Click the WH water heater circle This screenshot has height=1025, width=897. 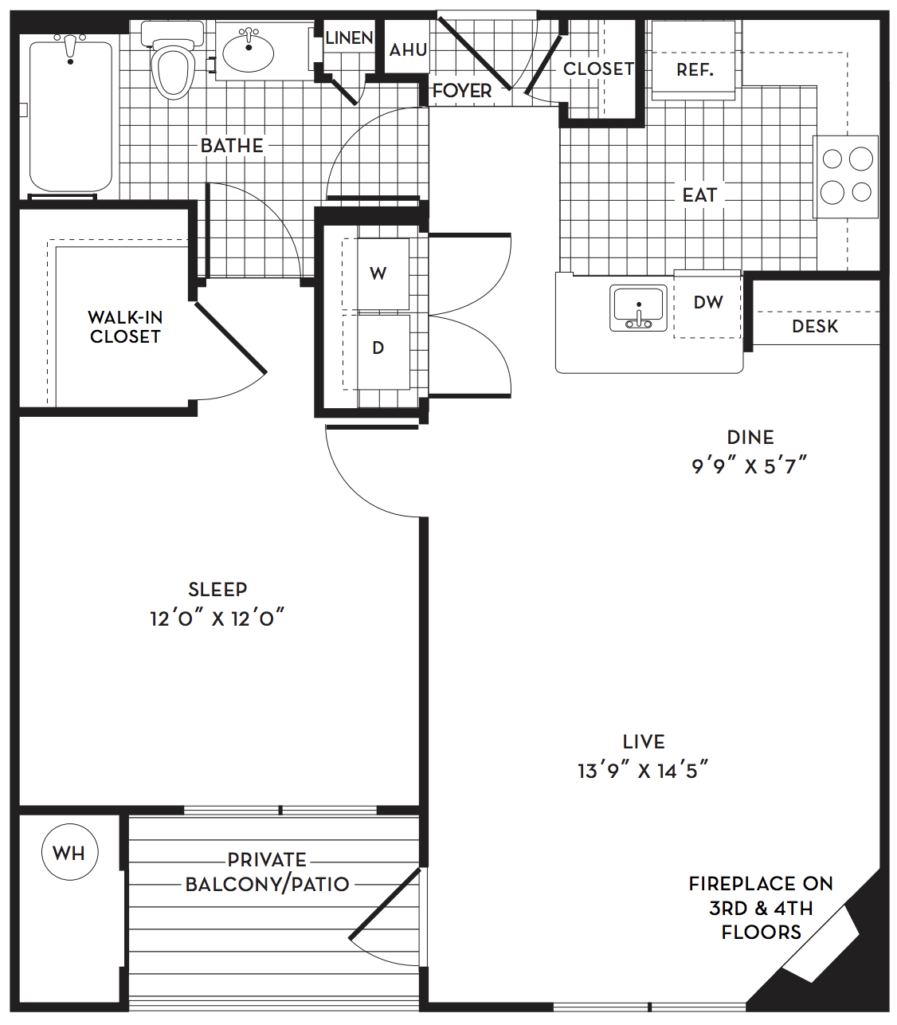click(69, 852)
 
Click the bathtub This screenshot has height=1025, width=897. click(71, 116)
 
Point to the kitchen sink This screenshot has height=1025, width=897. click(638, 308)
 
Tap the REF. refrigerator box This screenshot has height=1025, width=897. click(693, 60)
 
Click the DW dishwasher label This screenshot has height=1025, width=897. click(708, 302)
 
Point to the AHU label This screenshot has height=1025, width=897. click(409, 49)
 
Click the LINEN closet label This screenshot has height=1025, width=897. click(350, 37)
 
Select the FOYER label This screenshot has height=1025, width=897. click(462, 91)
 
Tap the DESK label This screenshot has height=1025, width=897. click(815, 327)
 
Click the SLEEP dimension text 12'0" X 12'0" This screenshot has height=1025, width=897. click(217, 619)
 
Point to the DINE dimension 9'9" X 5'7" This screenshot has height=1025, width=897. click(750, 466)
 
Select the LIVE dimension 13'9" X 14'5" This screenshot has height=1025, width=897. click(644, 771)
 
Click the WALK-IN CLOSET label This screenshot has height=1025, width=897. click(125, 327)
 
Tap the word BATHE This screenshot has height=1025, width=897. click(232, 146)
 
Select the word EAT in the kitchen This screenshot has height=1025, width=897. click(699, 195)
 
